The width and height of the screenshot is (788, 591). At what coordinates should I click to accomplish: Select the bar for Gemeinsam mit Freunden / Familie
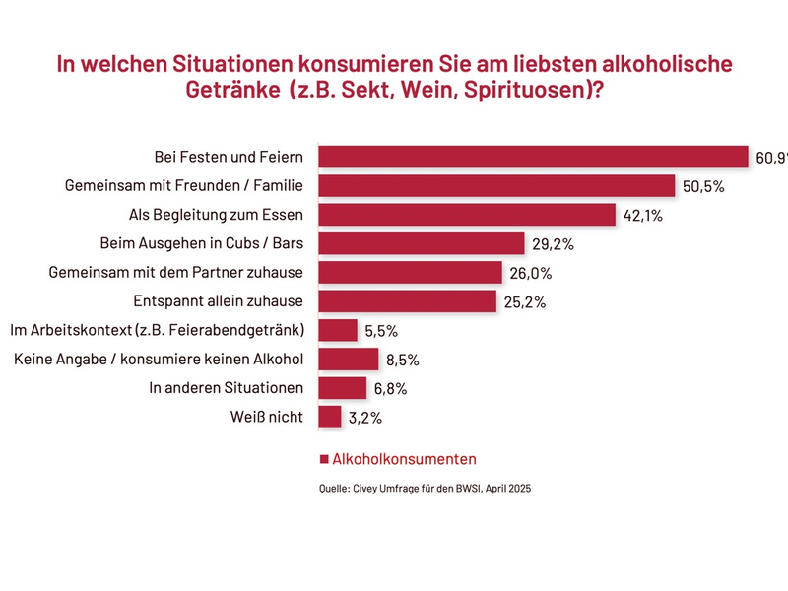click(497, 185)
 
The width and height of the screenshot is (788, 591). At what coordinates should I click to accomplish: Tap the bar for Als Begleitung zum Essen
click(468, 215)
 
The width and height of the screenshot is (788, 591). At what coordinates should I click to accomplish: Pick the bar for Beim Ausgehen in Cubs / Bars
click(423, 243)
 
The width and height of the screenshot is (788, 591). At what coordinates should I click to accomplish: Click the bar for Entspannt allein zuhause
click(408, 301)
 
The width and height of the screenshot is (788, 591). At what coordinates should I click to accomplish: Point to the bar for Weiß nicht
click(331, 417)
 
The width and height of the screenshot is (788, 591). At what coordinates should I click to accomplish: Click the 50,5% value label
click(702, 186)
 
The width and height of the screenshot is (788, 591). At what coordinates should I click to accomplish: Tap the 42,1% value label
click(643, 215)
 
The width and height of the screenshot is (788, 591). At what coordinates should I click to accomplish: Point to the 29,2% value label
click(553, 243)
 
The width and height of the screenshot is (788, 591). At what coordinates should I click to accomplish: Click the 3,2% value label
click(365, 418)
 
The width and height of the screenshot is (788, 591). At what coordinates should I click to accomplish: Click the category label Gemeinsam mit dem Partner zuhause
click(175, 272)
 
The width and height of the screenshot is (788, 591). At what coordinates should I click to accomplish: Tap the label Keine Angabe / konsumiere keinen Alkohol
click(159, 359)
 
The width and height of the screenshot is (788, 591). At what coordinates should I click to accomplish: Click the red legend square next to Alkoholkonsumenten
click(324, 460)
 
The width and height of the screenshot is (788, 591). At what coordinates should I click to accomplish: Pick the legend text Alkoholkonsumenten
click(405, 459)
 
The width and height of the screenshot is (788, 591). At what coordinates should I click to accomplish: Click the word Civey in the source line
click(371, 488)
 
